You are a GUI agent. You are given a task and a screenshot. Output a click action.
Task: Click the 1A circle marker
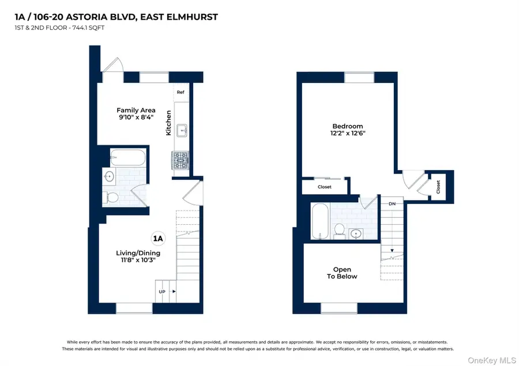(x=157, y=238)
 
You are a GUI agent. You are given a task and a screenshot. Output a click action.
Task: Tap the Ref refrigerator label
(x=180, y=92)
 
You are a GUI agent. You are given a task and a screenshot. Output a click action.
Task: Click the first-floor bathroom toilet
(x=112, y=198)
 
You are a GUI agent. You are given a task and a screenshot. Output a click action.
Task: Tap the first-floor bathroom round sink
(x=110, y=176)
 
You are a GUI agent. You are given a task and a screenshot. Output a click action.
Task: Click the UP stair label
(x=162, y=292)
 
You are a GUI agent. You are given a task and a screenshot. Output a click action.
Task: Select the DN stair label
(x=392, y=203)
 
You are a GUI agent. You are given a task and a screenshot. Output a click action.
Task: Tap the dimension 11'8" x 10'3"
(x=138, y=261)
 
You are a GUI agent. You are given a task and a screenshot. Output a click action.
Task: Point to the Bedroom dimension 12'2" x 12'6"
(x=348, y=133)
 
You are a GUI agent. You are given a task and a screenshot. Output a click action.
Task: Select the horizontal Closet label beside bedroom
(x=325, y=187)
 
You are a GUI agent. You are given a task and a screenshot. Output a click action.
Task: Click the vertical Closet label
(x=438, y=187)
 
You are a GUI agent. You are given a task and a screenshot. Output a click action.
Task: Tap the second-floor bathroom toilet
(x=340, y=231)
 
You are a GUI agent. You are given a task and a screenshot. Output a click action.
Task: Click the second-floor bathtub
(x=319, y=222)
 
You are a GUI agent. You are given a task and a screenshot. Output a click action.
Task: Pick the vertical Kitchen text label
(x=169, y=123)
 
